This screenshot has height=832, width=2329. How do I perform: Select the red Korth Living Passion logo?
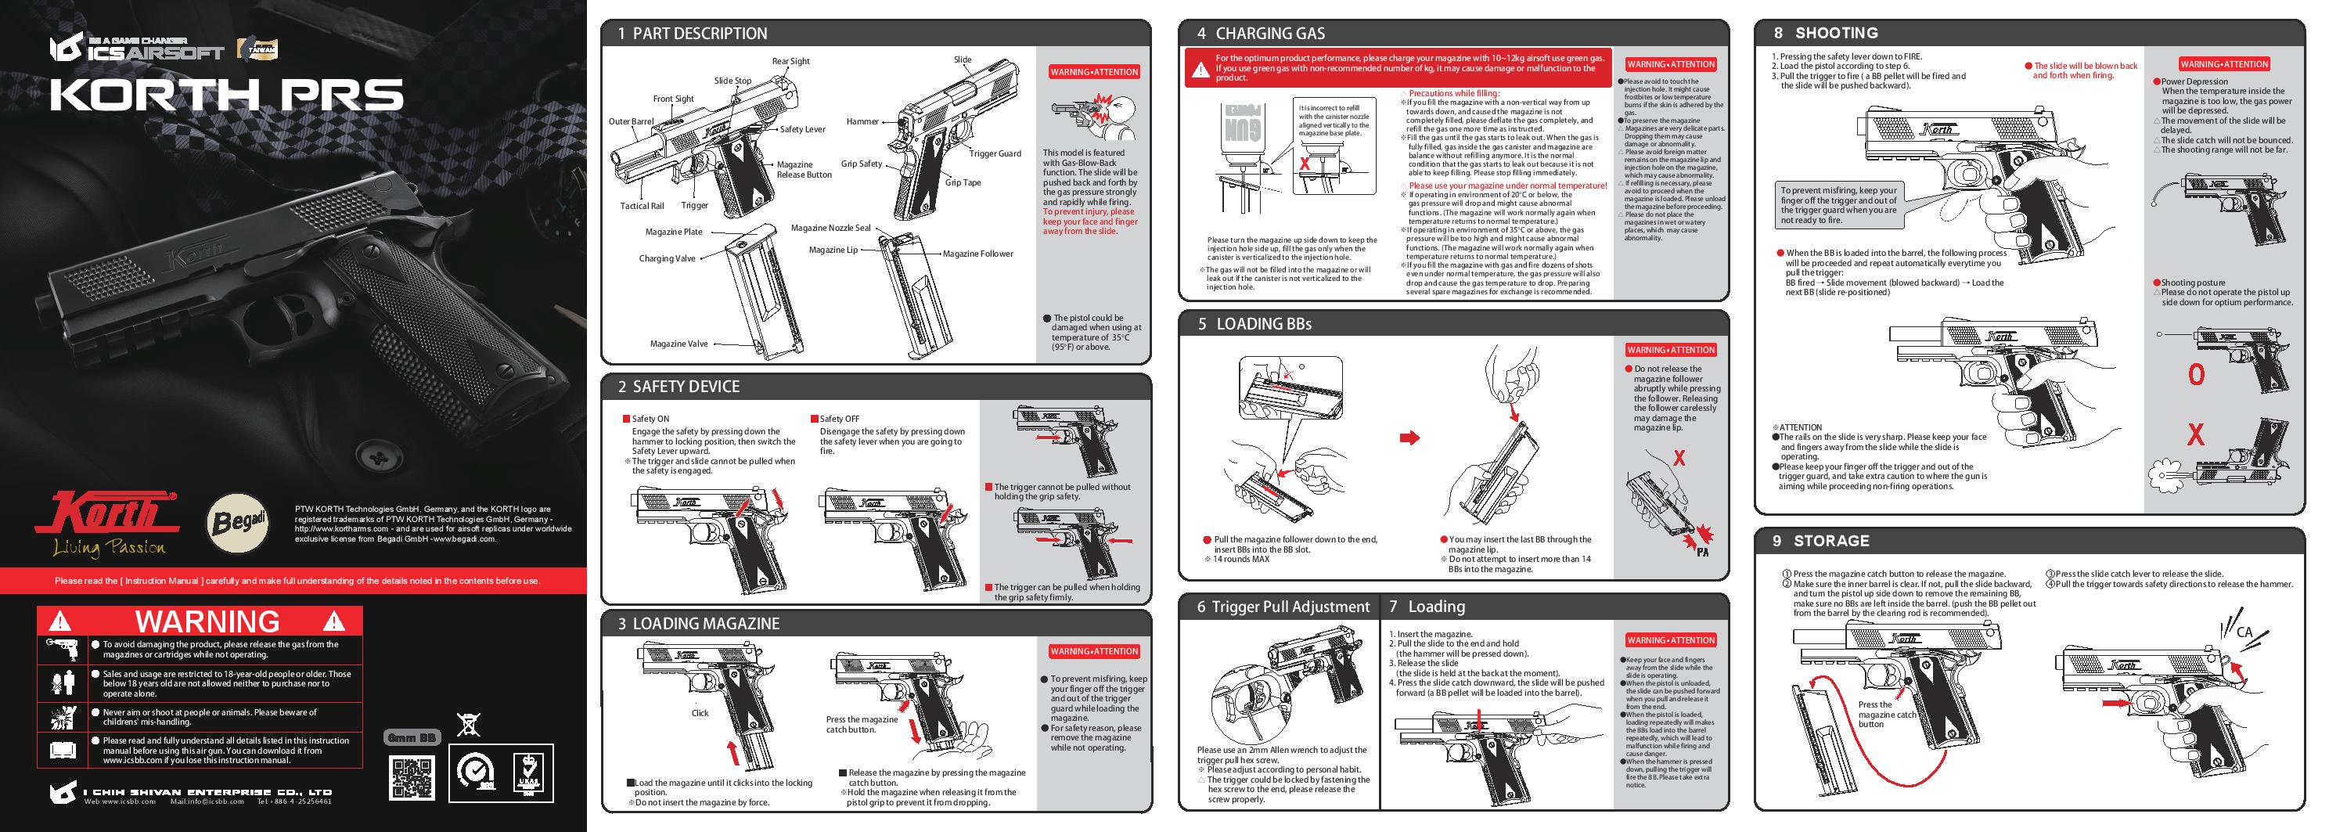(x=106, y=524)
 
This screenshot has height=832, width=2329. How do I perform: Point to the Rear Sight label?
(x=790, y=62)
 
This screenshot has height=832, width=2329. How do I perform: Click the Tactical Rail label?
(x=642, y=206)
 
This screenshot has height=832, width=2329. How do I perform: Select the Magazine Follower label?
(x=977, y=254)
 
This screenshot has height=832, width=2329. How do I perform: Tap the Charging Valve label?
(x=668, y=258)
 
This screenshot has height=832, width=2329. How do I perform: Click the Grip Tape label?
(x=963, y=182)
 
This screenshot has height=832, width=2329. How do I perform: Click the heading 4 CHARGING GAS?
(x=1260, y=34)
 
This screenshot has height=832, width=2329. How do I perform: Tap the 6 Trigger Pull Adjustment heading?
(x=1283, y=607)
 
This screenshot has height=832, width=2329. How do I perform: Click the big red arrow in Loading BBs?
(x=1409, y=438)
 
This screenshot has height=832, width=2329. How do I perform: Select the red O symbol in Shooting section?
(x=2196, y=374)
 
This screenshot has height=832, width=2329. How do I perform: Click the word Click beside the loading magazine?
(x=700, y=712)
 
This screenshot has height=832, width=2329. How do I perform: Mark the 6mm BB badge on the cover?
(x=413, y=738)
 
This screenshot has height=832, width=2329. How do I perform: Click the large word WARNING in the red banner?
(x=207, y=621)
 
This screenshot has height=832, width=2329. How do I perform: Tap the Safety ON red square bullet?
(x=625, y=419)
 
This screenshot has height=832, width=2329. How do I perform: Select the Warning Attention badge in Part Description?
(x=1094, y=72)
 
